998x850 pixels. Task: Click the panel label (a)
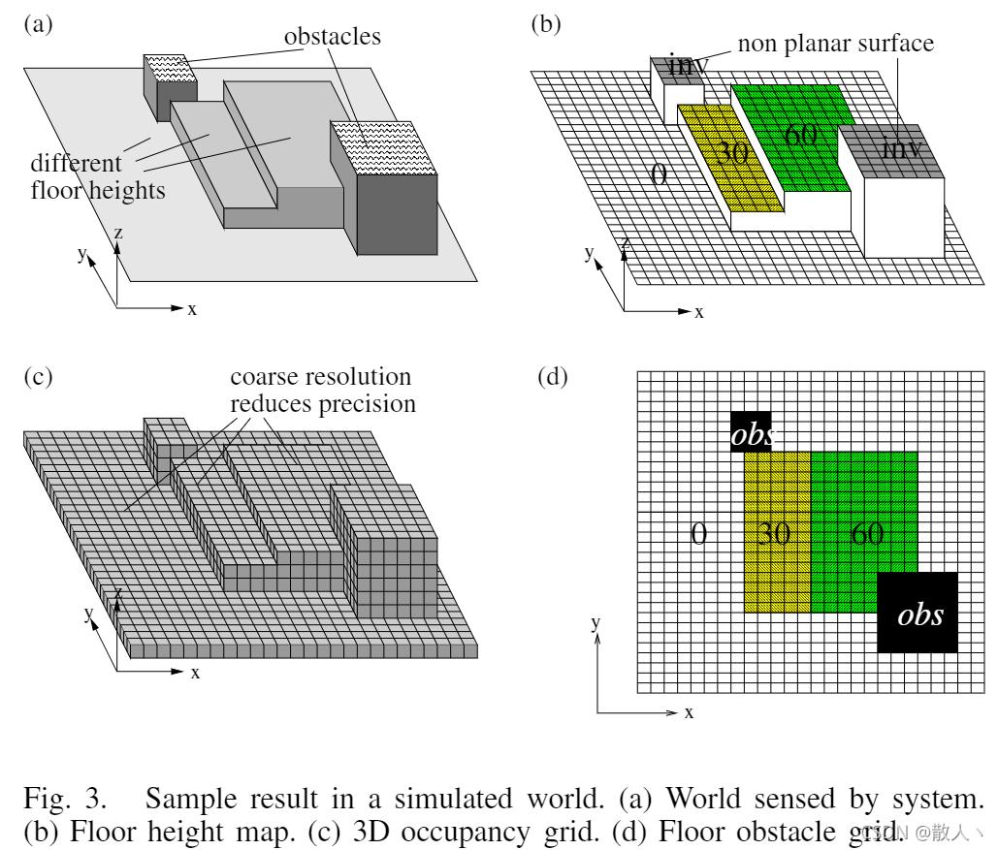(x=39, y=25)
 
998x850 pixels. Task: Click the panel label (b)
(x=546, y=25)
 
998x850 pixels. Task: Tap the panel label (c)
(x=39, y=377)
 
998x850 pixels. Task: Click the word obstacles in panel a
(x=332, y=37)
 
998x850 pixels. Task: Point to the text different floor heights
(x=97, y=175)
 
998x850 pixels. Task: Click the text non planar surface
(x=835, y=44)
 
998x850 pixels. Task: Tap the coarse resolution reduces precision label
(x=322, y=390)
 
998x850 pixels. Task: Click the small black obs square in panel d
(x=752, y=432)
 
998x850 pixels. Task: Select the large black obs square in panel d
(x=918, y=612)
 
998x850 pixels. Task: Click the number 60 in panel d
(x=866, y=532)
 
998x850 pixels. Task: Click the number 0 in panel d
(x=697, y=532)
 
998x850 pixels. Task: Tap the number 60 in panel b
(x=801, y=135)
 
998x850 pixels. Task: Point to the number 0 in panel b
(x=659, y=174)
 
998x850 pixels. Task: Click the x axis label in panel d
(x=689, y=712)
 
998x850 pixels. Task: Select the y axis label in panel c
(x=88, y=613)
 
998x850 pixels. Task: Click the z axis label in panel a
(x=117, y=233)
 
